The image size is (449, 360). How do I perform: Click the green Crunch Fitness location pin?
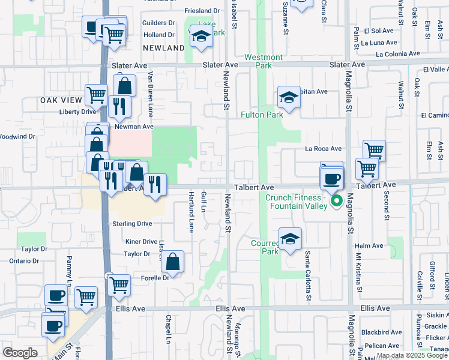pyautogui.click(x=337, y=200)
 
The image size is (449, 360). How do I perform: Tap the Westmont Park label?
pyautogui.click(x=264, y=61)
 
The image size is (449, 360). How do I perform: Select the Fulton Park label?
pyautogui.click(x=262, y=115)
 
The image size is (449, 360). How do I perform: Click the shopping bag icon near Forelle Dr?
pyautogui.click(x=172, y=262)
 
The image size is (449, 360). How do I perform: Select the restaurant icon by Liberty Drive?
pyautogui.click(x=120, y=106)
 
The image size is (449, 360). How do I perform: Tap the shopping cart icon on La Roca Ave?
pyautogui.click(x=374, y=150)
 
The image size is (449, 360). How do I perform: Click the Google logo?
pyautogui.click(x=20, y=352)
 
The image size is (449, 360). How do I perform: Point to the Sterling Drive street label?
pyautogui.click(x=132, y=224)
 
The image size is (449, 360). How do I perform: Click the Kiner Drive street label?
pyautogui.click(x=141, y=242)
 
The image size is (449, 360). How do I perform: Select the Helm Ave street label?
pyautogui.click(x=369, y=246)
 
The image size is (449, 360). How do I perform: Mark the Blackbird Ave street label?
pyautogui.click(x=381, y=332)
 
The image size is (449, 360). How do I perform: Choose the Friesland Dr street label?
pyautogui.click(x=202, y=11)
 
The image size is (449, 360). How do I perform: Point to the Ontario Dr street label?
pyautogui.click(x=24, y=261)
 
